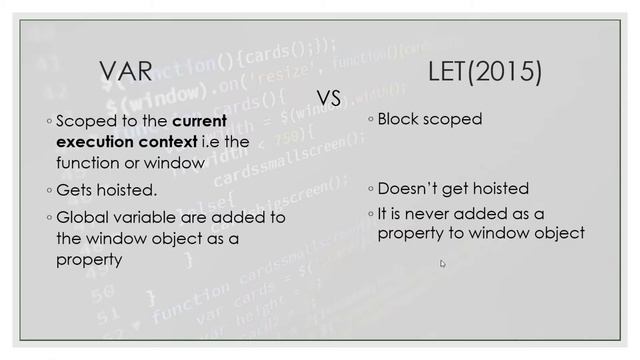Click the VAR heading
(x=126, y=71)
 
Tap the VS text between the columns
(x=329, y=97)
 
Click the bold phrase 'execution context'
(x=127, y=142)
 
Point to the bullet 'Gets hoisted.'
(x=107, y=189)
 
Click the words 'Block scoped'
(x=430, y=119)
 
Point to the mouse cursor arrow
(x=442, y=263)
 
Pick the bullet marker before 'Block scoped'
(x=369, y=120)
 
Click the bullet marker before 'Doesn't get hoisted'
(x=369, y=189)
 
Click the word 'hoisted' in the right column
(x=498, y=188)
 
